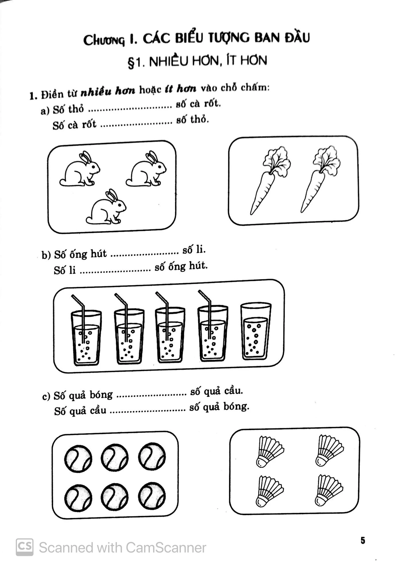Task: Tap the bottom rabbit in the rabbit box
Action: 106,207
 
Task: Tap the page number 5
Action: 363,540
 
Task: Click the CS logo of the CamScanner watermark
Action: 24,547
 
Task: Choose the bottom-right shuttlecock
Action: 329,490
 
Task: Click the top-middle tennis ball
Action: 114,458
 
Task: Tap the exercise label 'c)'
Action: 46,397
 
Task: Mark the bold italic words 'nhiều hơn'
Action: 108,91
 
